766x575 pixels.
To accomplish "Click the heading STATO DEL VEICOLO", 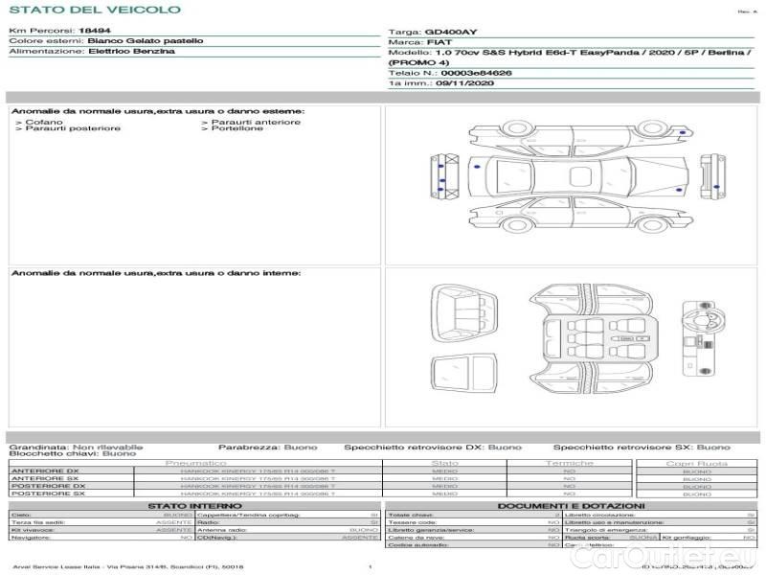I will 94,10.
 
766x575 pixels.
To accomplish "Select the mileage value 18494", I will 94,31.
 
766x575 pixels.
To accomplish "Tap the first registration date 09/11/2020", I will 463,83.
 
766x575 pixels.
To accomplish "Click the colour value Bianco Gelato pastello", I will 145,41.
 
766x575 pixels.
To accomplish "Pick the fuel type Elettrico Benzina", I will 131,52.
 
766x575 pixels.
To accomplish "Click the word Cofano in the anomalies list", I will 45,122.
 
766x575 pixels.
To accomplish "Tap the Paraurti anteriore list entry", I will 256,122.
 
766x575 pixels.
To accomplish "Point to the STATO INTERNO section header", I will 194,505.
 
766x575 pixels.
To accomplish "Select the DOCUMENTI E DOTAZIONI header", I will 571,505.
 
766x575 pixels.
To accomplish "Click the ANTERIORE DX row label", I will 45,471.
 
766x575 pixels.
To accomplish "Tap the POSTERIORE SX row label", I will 48,494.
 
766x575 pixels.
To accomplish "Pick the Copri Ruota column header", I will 696,463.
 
